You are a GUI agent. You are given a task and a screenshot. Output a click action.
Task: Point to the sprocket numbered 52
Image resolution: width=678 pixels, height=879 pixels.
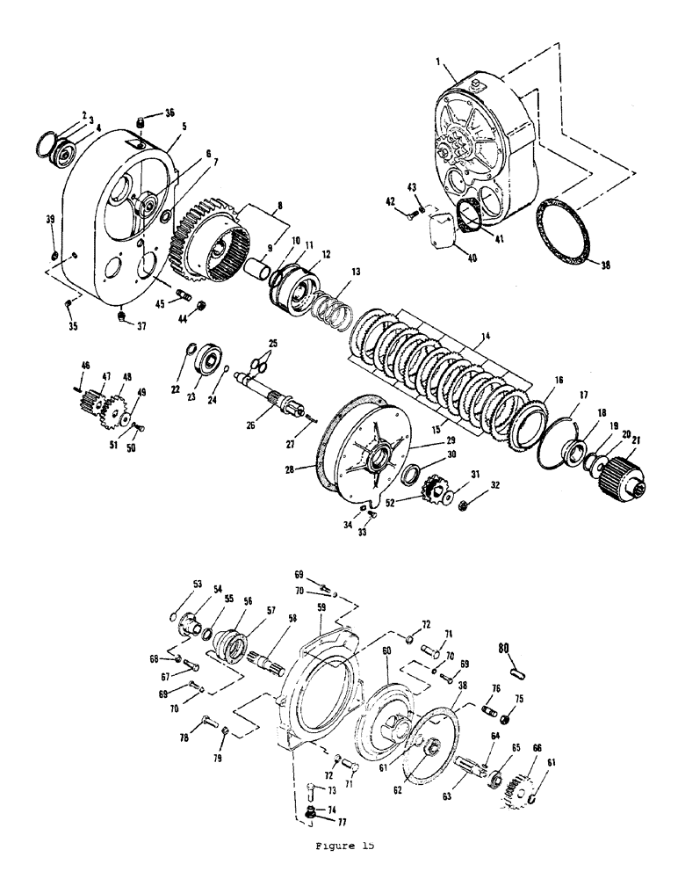coord(436,489)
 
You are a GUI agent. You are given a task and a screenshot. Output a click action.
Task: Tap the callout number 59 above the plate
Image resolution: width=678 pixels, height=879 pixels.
coord(321,607)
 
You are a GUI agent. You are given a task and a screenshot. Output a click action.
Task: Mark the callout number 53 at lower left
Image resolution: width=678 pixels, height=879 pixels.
coord(198,584)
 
